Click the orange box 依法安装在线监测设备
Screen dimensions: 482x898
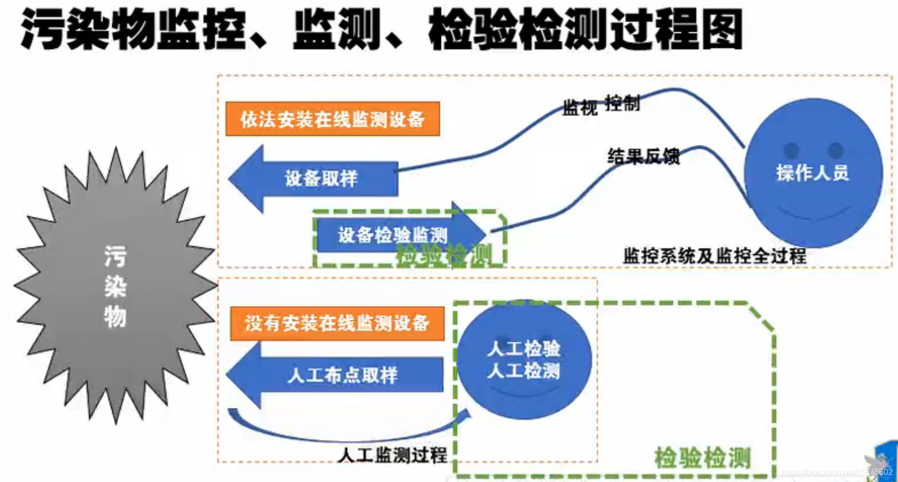pos(332,119)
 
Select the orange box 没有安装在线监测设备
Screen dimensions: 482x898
pos(337,324)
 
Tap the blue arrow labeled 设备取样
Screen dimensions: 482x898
pos(320,179)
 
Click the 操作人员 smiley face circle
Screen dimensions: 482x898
pos(813,173)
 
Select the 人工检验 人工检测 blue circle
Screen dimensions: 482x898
pos(523,360)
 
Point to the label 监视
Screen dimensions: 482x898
pos(579,108)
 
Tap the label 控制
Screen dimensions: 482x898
pos(622,103)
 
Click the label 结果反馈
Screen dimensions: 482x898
pos(643,156)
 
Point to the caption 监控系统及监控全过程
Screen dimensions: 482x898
pos(714,256)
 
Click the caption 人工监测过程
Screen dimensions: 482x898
pos(392,455)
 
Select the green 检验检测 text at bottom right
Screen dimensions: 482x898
pos(702,457)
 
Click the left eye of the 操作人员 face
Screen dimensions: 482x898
pos(791,150)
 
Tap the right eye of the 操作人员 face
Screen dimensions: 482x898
pos(836,150)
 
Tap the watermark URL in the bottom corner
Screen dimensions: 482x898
pos(837,472)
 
